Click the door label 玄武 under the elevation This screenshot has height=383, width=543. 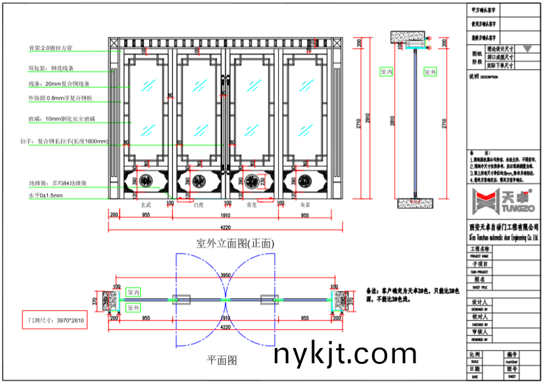(x=151, y=206)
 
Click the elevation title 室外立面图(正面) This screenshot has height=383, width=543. (x=235, y=243)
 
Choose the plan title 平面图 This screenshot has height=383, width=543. (x=222, y=360)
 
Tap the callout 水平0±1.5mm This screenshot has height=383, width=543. (x=45, y=196)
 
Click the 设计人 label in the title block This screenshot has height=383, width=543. (x=481, y=302)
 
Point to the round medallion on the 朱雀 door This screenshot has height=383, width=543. (x=304, y=180)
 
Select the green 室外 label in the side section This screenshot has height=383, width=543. (x=430, y=72)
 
